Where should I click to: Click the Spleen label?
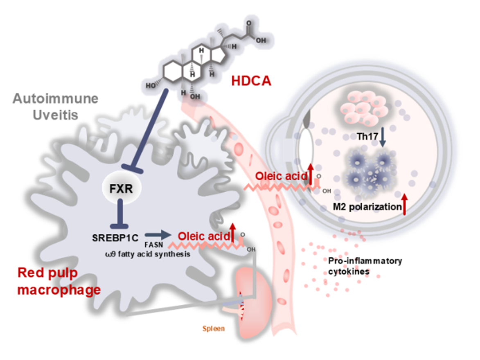[213, 328]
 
